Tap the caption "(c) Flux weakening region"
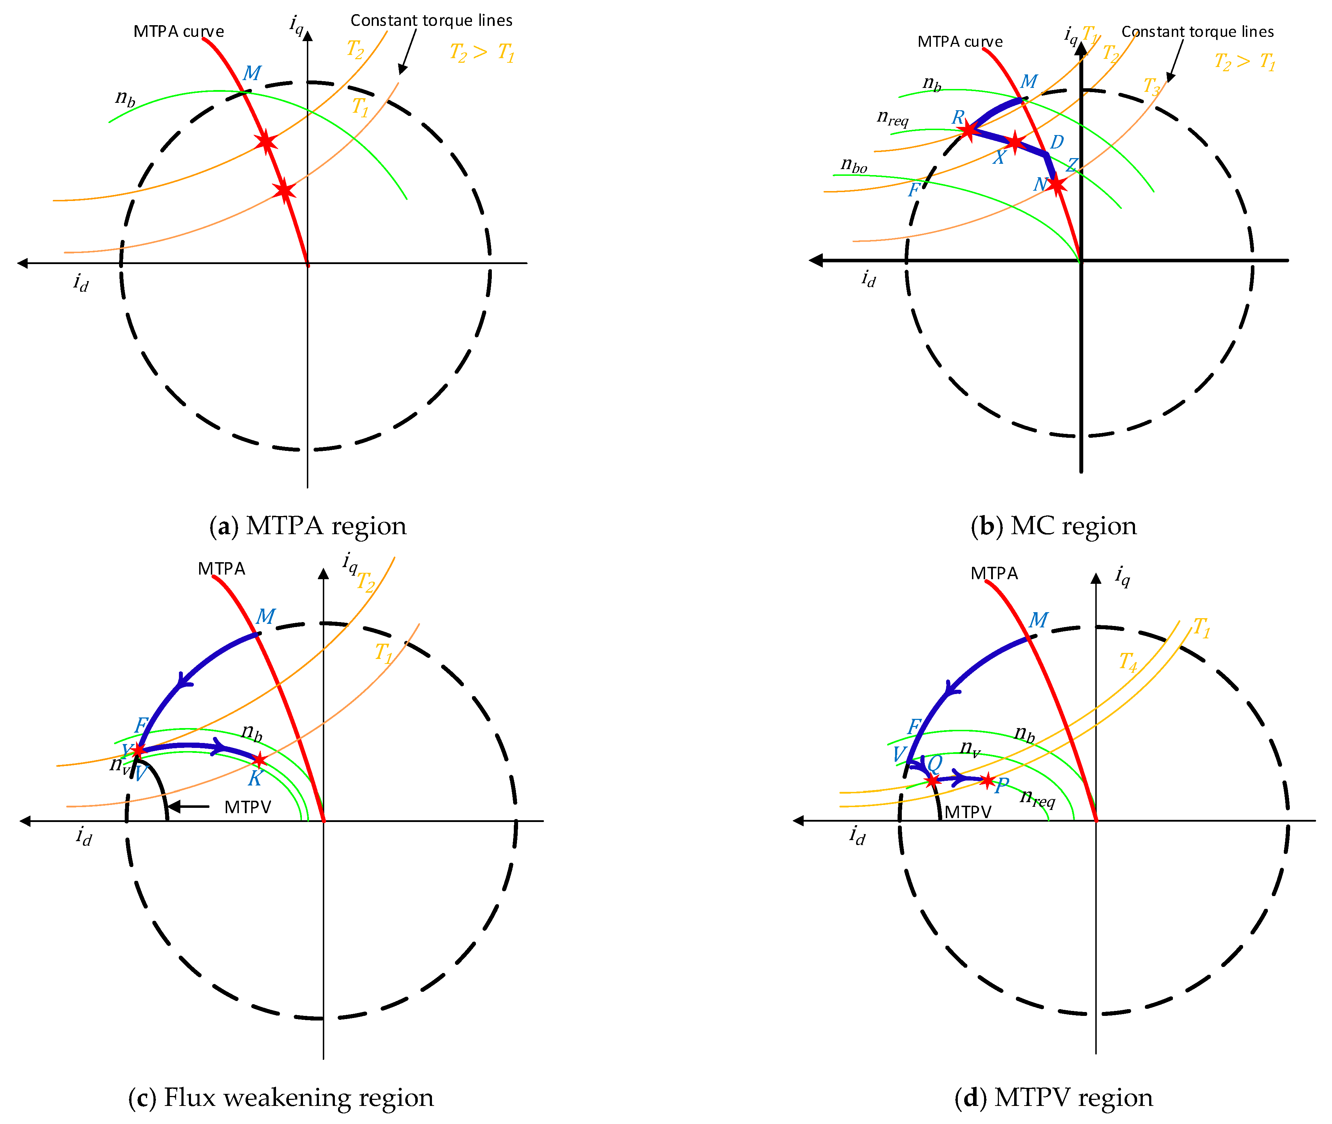281,1097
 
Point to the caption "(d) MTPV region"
1053,1097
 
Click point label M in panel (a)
252,73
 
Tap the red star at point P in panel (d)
987,780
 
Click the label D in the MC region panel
1057,142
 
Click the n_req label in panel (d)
1038,797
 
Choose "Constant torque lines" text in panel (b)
1198,32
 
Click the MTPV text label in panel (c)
248,807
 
